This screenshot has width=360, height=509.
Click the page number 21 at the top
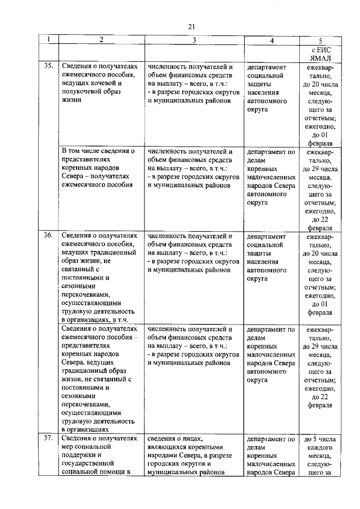click(191, 26)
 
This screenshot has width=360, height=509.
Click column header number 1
click(49, 40)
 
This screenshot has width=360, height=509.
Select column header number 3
click(193, 40)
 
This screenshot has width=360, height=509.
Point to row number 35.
click(49, 66)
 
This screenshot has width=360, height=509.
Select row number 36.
click(49, 236)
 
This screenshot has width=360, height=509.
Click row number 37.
click(49, 438)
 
